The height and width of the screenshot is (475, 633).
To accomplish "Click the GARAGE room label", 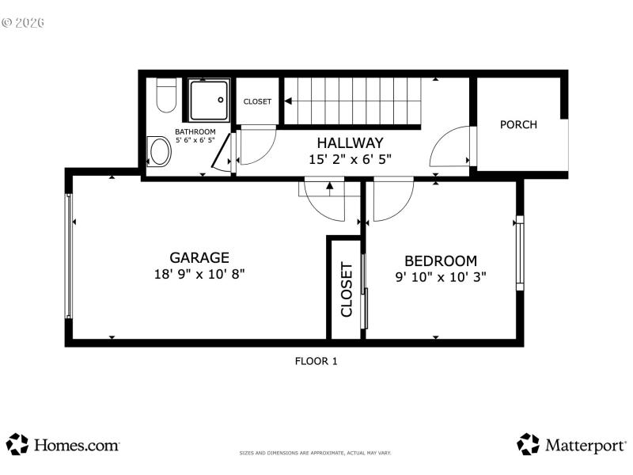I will (199, 257).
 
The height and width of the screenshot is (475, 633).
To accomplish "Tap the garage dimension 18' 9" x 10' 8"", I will (199, 275).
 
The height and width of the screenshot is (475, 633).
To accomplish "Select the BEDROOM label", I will (441, 260).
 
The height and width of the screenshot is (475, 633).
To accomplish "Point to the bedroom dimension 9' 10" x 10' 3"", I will (441, 277).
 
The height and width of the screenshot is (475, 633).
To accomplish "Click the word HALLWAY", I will (350, 143).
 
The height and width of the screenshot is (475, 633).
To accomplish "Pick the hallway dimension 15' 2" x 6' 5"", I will (350, 159).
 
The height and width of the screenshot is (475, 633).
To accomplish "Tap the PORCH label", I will (518, 124).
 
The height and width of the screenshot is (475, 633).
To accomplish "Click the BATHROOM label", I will (195, 132).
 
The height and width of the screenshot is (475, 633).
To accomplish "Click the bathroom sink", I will (160, 151).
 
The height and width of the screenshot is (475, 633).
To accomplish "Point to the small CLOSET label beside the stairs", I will (257, 101).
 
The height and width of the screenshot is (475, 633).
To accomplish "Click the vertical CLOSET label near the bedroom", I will (347, 289).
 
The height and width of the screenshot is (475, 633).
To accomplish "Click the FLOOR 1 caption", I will (316, 361).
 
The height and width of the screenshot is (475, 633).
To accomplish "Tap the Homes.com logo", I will (63, 445).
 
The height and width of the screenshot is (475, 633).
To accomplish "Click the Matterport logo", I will (571, 445).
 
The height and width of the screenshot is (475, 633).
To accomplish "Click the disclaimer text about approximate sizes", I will (316, 453).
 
